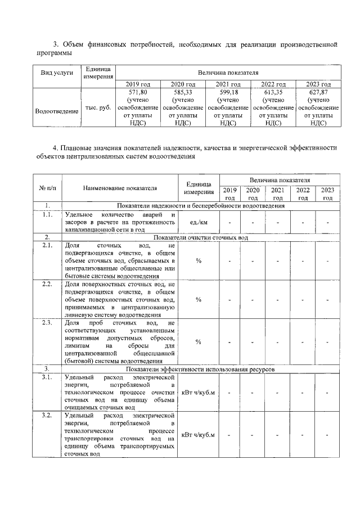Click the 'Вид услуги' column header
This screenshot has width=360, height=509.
tap(57, 73)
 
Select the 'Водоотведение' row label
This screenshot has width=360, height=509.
tap(57, 111)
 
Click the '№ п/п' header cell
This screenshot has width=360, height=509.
tap(48, 188)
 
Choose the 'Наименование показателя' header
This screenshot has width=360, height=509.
tap(120, 188)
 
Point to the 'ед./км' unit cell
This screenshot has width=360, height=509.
tap(199, 224)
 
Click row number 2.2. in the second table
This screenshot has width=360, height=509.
tap(48, 284)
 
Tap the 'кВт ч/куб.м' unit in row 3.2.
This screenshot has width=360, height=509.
tap(199, 435)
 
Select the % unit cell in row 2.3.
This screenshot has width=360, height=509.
tap(199, 341)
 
